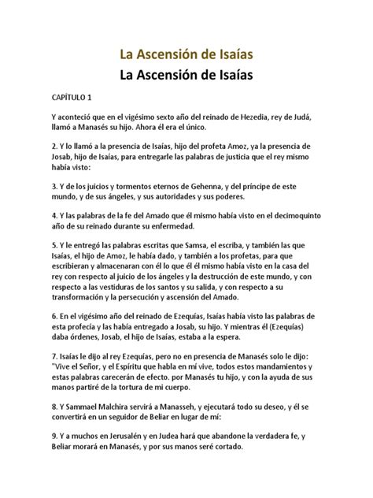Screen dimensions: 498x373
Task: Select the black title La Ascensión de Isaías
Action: [x=186, y=77]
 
